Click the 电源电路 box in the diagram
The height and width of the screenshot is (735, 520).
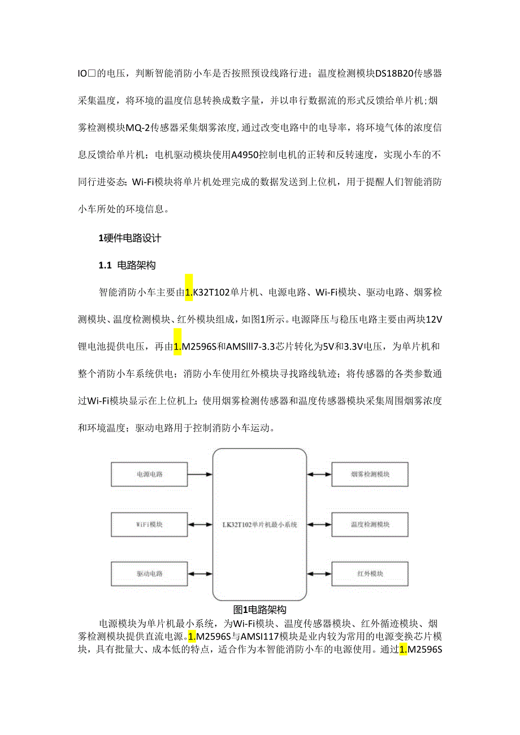click(149, 475)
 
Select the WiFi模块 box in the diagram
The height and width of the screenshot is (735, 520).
click(149, 525)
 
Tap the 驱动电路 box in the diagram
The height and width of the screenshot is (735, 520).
click(149, 574)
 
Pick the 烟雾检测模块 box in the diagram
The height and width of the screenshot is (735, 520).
click(370, 475)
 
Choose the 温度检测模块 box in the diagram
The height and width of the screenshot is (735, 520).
click(370, 525)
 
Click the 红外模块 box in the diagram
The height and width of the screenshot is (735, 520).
click(370, 574)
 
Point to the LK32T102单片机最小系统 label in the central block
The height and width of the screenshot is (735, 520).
click(259, 525)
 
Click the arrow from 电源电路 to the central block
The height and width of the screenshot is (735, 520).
click(200, 475)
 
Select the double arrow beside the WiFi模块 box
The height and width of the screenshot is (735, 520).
click(200, 525)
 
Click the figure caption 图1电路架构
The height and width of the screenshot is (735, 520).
click(260, 610)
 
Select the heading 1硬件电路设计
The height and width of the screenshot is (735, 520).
click(130, 238)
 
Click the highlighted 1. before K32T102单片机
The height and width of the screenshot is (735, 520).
click(189, 292)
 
